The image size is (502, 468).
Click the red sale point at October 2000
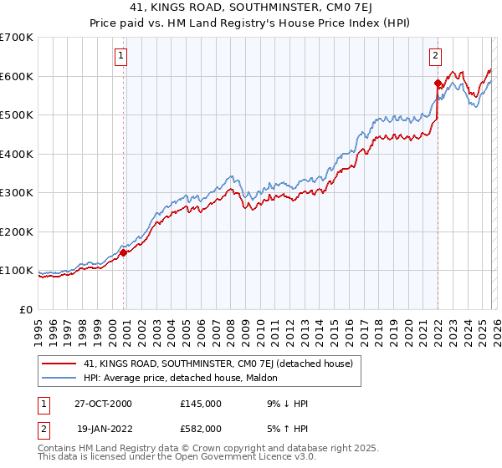[124, 252]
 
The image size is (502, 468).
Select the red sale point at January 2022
[438, 83]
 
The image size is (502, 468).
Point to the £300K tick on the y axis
[17, 193]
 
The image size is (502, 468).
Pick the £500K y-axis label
[17, 115]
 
